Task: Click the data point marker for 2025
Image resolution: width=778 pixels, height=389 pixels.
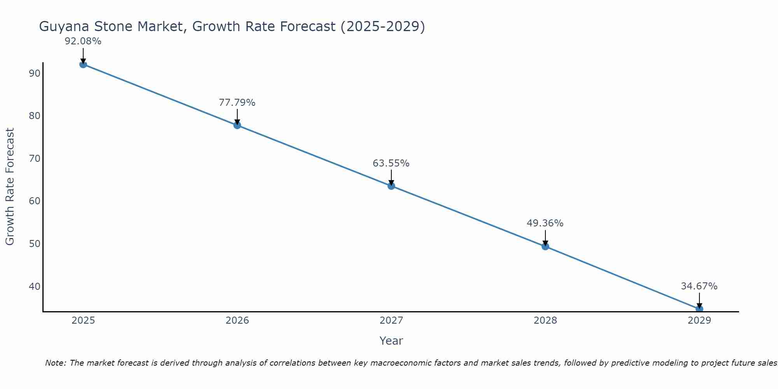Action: point(83,64)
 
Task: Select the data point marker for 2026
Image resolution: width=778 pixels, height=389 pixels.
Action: point(237,125)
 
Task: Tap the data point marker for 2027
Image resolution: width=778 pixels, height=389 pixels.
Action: point(391,186)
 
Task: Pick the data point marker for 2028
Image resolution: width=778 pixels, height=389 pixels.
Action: point(545,246)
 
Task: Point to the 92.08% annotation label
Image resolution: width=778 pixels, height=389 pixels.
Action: point(83,41)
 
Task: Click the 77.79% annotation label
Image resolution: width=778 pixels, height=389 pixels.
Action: point(237,103)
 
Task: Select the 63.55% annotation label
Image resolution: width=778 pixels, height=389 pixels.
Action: point(391,163)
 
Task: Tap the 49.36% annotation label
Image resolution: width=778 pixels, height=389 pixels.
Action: point(545,223)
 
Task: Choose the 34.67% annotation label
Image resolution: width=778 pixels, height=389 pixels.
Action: point(699,286)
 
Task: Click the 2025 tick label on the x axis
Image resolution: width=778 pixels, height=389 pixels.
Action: point(83,321)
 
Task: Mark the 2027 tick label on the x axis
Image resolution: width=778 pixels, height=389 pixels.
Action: point(391,321)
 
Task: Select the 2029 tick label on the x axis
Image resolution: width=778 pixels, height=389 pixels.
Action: point(699,321)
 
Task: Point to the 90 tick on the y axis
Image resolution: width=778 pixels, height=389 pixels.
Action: point(35,74)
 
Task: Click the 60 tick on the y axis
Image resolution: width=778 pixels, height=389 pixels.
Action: point(35,201)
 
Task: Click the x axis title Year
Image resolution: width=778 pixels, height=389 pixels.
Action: point(391,341)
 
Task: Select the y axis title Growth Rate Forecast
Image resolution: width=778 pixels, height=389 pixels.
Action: point(10,187)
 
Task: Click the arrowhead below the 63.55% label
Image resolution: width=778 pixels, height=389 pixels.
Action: point(391,183)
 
